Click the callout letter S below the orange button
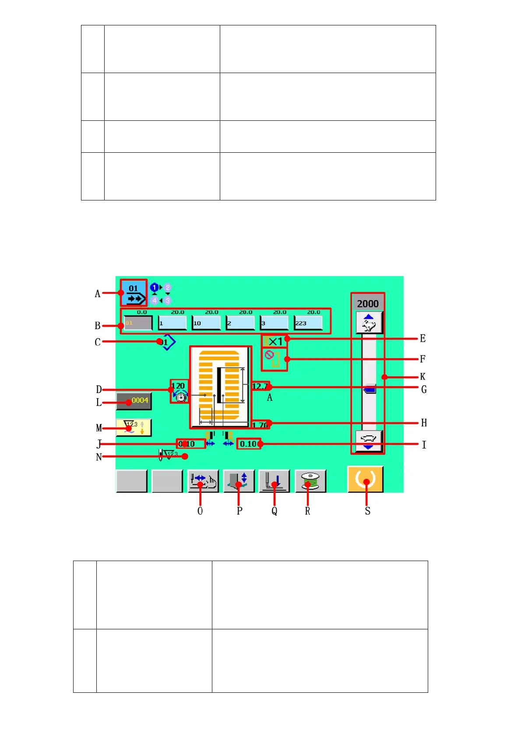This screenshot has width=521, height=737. click(x=367, y=511)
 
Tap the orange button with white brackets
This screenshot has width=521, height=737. click(x=365, y=479)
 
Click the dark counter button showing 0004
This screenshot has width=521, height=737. click(x=134, y=401)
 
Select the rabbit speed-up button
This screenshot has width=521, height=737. click(x=369, y=323)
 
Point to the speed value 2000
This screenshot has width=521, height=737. click(x=368, y=303)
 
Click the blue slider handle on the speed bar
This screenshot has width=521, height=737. click(x=370, y=389)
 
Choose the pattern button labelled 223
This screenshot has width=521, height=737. click(x=308, y=323)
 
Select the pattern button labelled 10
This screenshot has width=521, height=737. click(x=206, y=323)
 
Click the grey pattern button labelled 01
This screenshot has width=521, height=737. click(x=137, y=323)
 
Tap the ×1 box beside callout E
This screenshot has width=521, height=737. click(x=275, y=341)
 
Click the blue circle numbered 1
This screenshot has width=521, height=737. click(x=154, y=288)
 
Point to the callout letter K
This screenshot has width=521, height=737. click(x=422, y=376)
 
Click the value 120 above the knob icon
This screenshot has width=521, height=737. click(x=178, y=386)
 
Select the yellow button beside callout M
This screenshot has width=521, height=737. click(x=134, y=427)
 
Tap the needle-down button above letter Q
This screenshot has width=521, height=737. click(x=274, y=481)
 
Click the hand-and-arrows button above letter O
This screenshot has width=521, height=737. click(x=203, y=481)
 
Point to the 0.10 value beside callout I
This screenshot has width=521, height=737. click(x=248, y=444)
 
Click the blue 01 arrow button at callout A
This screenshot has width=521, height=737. click(x=134, y=293)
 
